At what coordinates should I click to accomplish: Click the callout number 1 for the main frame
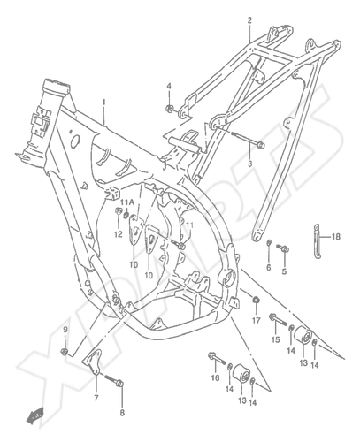point(103,103)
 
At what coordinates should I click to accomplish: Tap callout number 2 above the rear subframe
point(249,20)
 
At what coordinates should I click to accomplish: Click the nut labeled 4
point(169,109)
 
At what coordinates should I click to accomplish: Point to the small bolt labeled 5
point(282,248)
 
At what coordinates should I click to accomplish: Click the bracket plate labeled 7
point(94,362)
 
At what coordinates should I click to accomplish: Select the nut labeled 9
point(64,351)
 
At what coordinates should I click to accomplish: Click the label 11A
point(127,202)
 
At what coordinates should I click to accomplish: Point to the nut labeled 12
point(119,211)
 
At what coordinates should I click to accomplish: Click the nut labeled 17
point(256,300)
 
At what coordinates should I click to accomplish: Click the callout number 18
point(336,236)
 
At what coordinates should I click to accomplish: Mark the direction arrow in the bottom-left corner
point(35,415)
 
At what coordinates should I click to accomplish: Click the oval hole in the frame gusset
point(74,141)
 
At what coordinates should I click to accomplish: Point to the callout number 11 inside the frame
point(189,225)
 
